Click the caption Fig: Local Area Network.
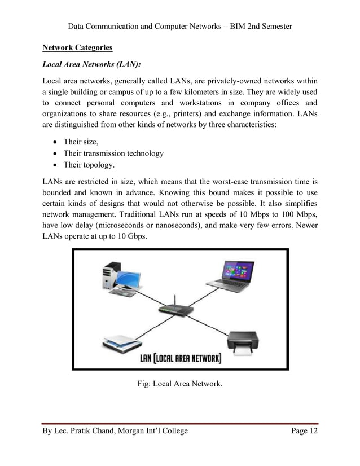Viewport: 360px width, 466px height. [180, 385]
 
